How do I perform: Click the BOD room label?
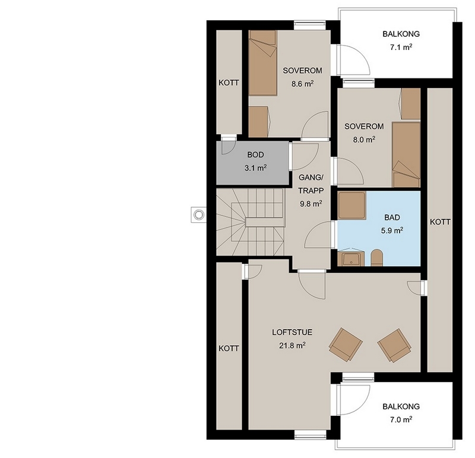pos(255,154)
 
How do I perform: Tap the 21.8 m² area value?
pos(292,345)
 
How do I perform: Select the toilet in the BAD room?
pos(377,258)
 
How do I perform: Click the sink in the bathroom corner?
pos(351,258)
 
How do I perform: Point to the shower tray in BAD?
pos(351,205)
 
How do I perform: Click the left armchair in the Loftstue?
pos(346,345)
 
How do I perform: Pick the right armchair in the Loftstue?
pos(394,346)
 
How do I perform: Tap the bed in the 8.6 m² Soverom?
pos(262,63)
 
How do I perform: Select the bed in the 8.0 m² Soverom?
pos(406,154)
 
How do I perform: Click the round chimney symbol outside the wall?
pos(198,215)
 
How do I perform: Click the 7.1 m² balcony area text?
pos(401,48)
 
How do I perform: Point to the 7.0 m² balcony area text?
pos(401,419)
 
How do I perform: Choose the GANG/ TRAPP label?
pos(311,184)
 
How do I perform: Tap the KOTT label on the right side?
pos(440,222)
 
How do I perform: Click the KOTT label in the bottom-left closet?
pos(229,349)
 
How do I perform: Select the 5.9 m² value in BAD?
pos(392,230)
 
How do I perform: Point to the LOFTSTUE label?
pos(292,332)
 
